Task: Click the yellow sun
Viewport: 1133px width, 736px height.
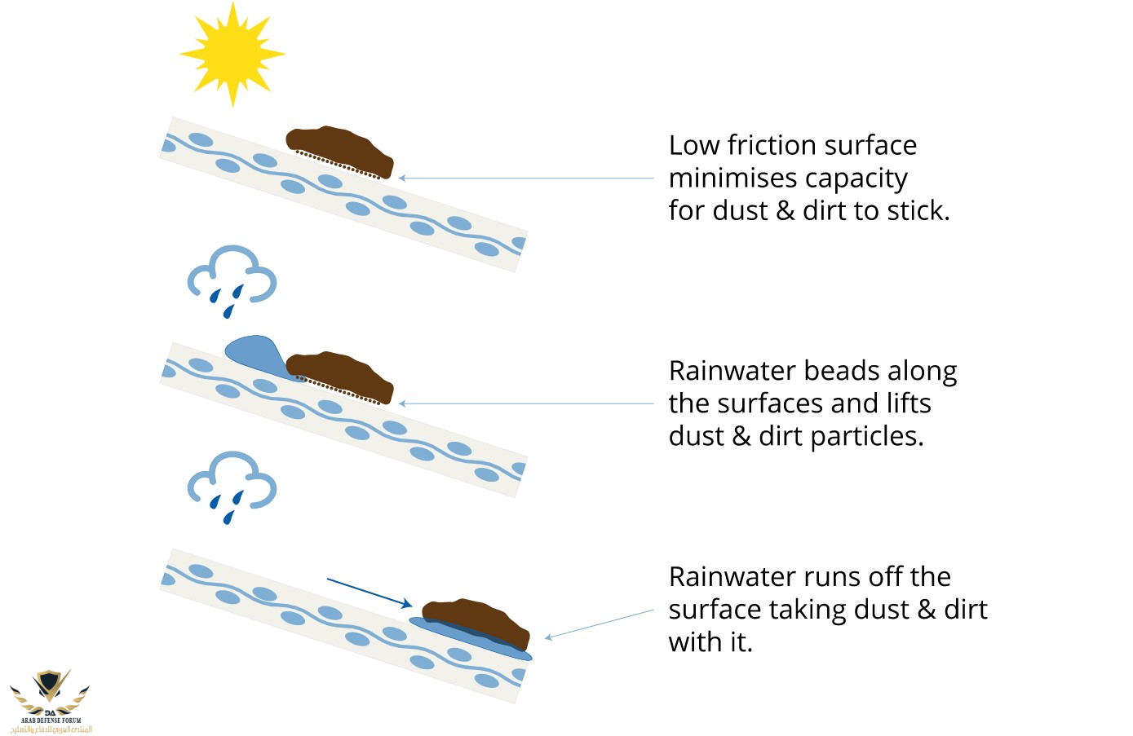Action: pyautogui.click(x=232, y=55)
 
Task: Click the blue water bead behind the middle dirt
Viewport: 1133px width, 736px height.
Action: pyautogui.click(x=255, y=353)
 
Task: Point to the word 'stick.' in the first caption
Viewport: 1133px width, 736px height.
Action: pyautogui.click(x=918, y=210)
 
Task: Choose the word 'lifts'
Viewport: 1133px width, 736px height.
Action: pyautogui.click(x=909, y=403)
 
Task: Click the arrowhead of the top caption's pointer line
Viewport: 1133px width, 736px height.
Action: pyautogui.click(x=402, y=178)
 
